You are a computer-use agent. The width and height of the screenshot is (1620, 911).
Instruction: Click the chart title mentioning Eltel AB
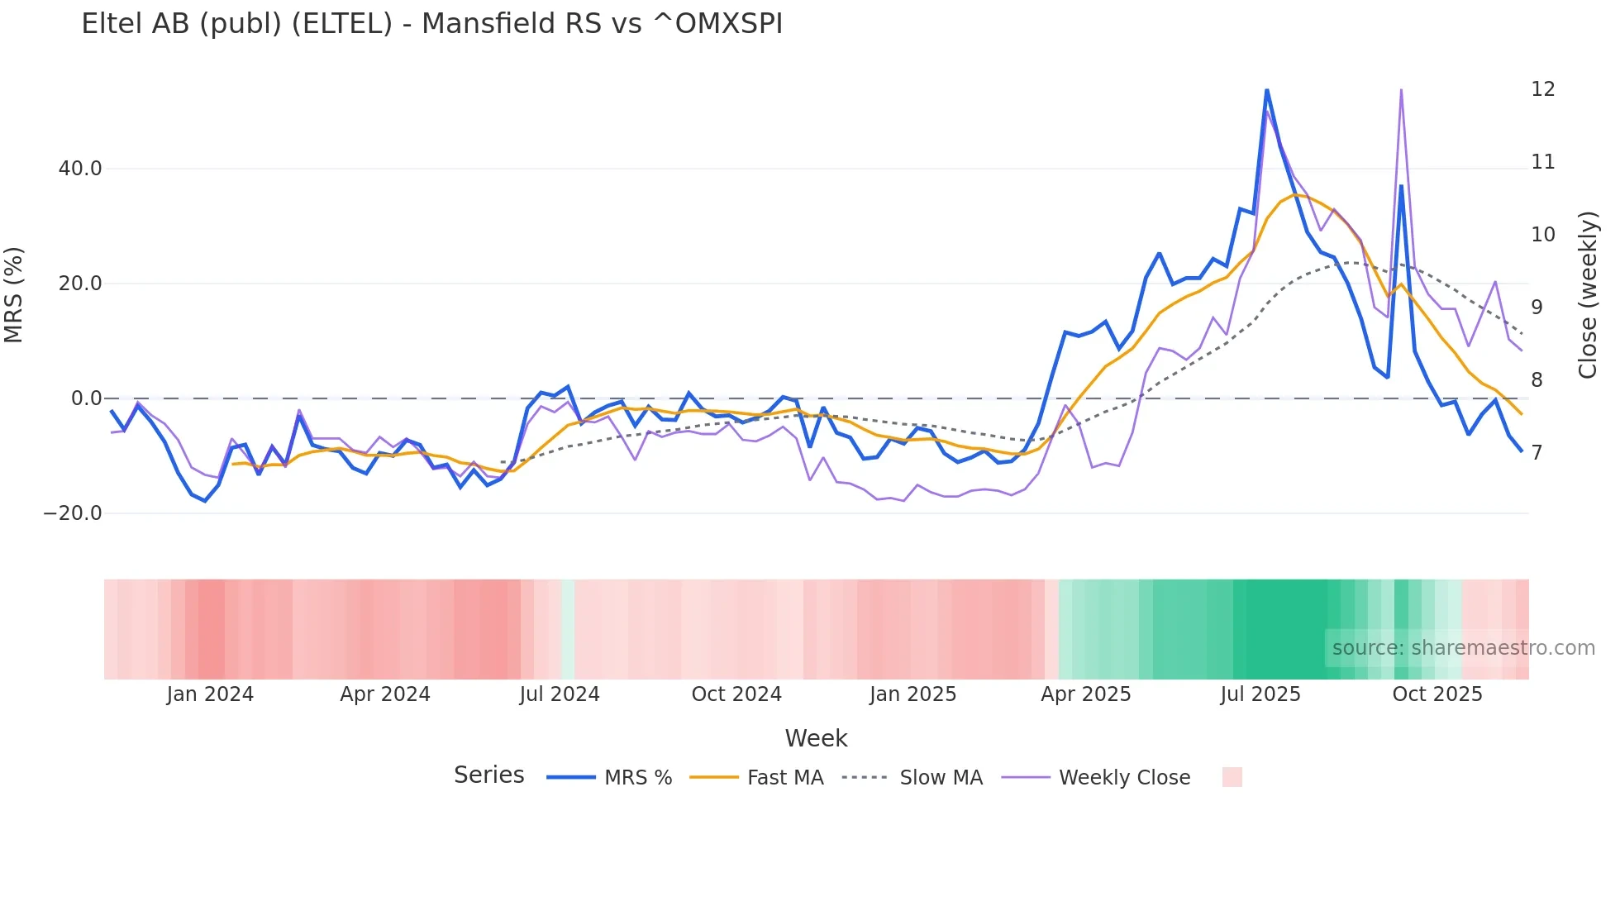[x=431, y=24]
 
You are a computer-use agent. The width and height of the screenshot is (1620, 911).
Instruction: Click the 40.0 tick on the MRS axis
[x=80, y=169]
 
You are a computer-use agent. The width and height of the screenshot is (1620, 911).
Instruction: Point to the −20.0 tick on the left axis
[x=73, y=513]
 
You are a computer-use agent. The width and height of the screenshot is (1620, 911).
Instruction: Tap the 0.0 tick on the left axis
[x=86, y=398]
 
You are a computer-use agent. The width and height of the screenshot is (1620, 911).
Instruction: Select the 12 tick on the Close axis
[x=1542, y=89]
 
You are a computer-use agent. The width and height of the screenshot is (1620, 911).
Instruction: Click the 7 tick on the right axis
[x=1537, y=453]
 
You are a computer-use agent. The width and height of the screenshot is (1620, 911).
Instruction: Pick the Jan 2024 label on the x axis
[x=210, y=694]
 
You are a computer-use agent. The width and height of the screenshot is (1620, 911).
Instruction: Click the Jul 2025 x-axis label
[x=1260, y=694]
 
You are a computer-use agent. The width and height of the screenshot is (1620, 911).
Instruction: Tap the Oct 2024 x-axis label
[x=736, y=694]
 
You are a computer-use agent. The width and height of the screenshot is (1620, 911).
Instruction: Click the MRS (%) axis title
[x=14, y=295]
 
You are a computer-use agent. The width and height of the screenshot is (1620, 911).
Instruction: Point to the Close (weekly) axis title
[x=1588, y=295]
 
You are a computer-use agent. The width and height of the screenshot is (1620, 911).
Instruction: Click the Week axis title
[x=816, y=738]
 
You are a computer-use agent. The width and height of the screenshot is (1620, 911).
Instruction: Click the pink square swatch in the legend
[x=1232, y=777]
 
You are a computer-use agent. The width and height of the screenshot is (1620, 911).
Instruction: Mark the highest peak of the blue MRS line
[x=1266, y=90]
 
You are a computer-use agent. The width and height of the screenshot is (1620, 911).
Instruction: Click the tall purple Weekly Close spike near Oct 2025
[x=1401, y=90]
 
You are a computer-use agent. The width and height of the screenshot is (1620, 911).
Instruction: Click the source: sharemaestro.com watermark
[x=1463, y=648]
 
